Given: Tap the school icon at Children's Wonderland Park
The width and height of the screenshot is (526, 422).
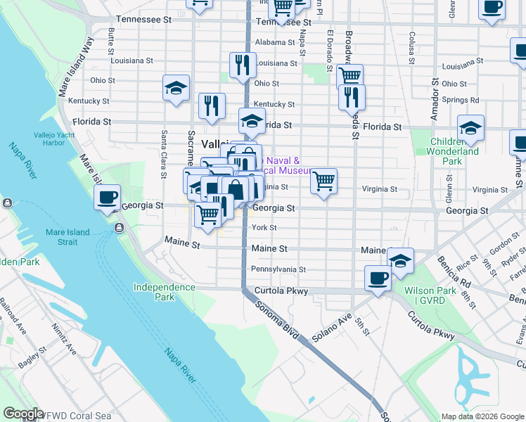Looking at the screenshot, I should click(470, 128).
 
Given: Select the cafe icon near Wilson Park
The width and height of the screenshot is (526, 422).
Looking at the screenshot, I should click(378, 279).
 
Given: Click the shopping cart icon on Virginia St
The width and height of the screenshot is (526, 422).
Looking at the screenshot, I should click(323, 181).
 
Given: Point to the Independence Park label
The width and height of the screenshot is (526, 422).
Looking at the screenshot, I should click(165, 292).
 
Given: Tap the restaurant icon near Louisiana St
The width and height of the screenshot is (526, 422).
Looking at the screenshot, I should click(242, 65).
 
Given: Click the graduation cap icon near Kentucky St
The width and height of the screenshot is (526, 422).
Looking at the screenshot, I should click(176, 88).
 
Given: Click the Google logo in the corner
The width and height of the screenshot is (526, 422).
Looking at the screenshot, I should click(23, 414).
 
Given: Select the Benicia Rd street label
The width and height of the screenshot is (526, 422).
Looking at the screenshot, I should click(452, 267).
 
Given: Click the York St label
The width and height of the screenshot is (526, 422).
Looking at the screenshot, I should click(264, 228).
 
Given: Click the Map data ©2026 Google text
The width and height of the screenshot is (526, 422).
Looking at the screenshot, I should click(482, 416).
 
